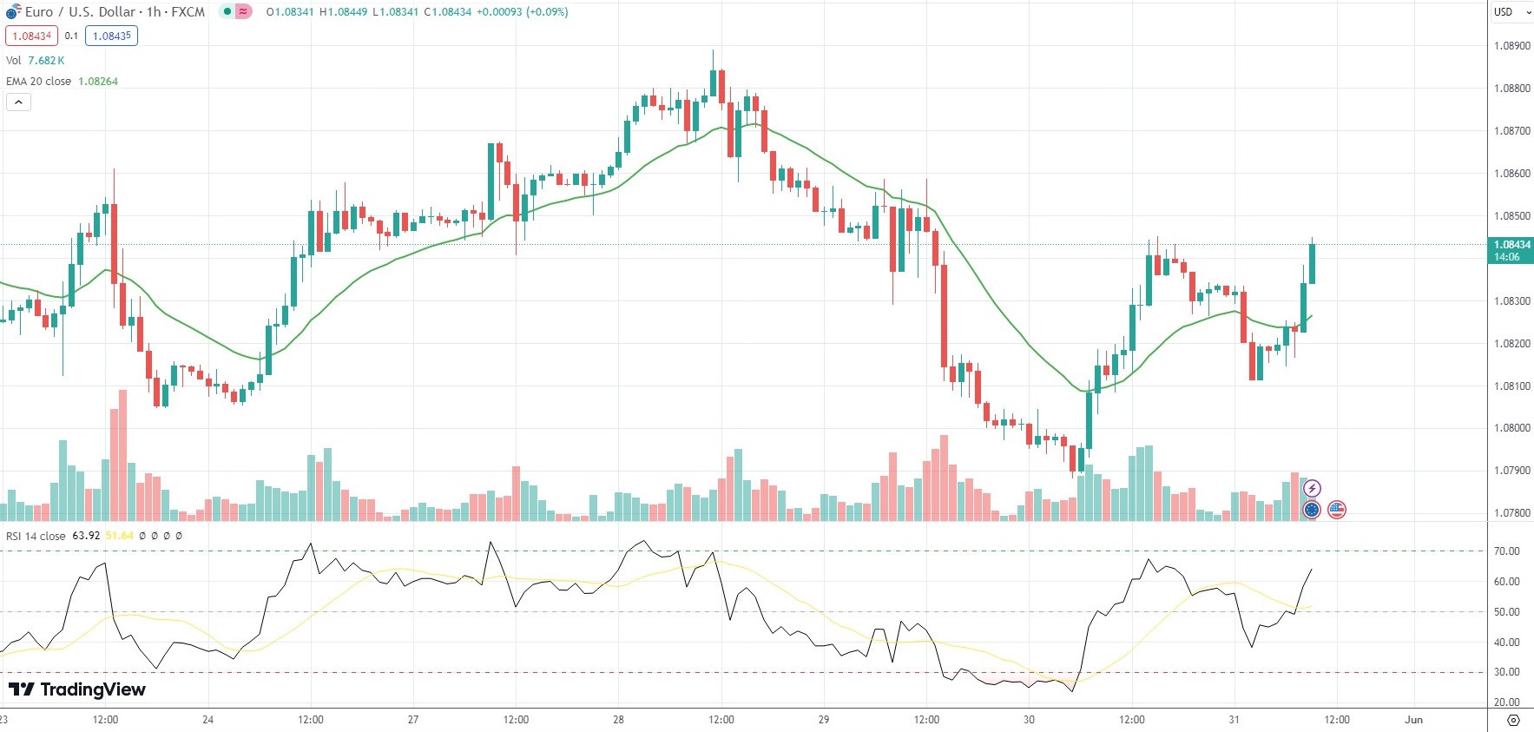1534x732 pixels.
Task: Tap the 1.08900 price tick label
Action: [x=1511, y=46]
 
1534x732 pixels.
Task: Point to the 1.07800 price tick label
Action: [x=1511, y=513]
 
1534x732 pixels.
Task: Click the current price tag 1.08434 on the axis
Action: [x=1511, y=246]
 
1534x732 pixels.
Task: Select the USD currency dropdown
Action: [x=1511, y=12]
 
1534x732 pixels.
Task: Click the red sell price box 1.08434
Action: [x=31, y=36]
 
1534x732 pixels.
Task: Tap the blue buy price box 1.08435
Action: [x=111, y=36]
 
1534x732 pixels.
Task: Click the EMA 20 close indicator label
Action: [x=39, y=82]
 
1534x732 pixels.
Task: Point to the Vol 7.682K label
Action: [x=35, y=61]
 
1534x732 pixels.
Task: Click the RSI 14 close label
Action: [x=36, y=536]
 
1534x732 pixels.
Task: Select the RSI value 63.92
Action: [x=86, y=536]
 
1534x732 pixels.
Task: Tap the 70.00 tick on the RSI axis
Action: [x=1506, y=551]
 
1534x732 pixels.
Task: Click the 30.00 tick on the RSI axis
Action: [x=1506, y=672]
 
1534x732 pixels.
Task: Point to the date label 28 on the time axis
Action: [x=618, y=720]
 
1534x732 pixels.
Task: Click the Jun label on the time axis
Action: [x=1413, y=720]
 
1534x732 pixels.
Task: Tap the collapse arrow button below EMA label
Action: [x=18, y=102]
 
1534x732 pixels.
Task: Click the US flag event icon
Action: [x=1337, y=510]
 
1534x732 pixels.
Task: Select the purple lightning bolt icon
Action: [x=1312, y=489]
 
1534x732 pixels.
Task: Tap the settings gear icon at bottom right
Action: [x=1513, y=721]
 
